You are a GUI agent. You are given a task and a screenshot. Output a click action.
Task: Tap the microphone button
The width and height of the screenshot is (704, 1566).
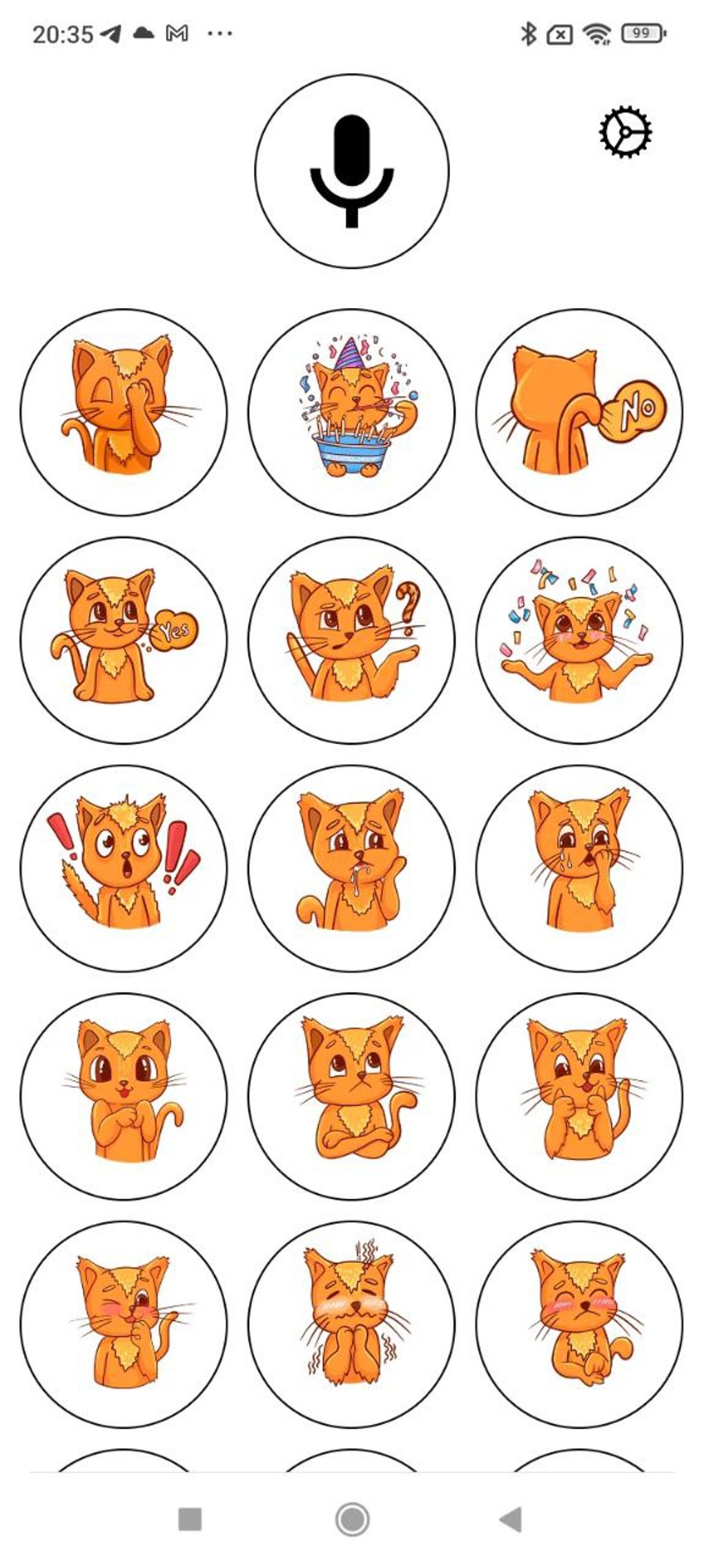click(351, 171)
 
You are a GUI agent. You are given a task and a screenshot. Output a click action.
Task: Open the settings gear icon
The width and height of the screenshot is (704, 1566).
click(625, 132)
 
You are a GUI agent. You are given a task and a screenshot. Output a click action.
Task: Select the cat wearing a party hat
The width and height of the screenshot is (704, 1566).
click(351, 412)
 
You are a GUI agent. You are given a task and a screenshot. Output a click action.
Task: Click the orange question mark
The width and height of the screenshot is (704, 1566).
click(408, 607)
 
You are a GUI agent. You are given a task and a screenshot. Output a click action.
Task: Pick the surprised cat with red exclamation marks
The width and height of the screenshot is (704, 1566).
click(124, 868)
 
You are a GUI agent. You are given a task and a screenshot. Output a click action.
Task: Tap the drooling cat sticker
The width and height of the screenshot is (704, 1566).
click(351, 868)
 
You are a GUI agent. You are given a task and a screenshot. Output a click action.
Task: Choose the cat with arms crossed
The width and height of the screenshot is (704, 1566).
click(351, 1096)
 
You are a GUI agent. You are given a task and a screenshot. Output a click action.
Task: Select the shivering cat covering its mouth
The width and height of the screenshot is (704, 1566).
click(351, 1324)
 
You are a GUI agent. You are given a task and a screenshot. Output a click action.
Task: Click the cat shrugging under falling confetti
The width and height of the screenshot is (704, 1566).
click(579, 640)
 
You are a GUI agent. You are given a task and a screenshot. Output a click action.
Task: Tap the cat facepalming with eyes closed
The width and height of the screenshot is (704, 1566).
click(124, 412)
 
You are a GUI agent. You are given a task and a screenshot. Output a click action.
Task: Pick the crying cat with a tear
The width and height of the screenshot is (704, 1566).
click(579, 868)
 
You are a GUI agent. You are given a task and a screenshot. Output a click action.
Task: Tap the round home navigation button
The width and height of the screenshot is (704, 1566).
click(352, 1519)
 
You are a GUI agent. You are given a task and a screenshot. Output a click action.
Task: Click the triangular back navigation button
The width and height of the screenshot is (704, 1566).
click(511, 1519)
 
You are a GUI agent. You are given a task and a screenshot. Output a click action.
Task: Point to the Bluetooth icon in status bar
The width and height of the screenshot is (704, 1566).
click(528, 33)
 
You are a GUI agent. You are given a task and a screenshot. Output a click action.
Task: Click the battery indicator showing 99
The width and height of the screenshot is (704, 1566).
click(642, 33)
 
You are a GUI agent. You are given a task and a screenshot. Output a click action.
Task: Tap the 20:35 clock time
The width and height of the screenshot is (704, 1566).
click(62, 34)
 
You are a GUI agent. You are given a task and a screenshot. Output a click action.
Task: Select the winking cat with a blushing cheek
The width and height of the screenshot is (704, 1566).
click(124, 1324)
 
